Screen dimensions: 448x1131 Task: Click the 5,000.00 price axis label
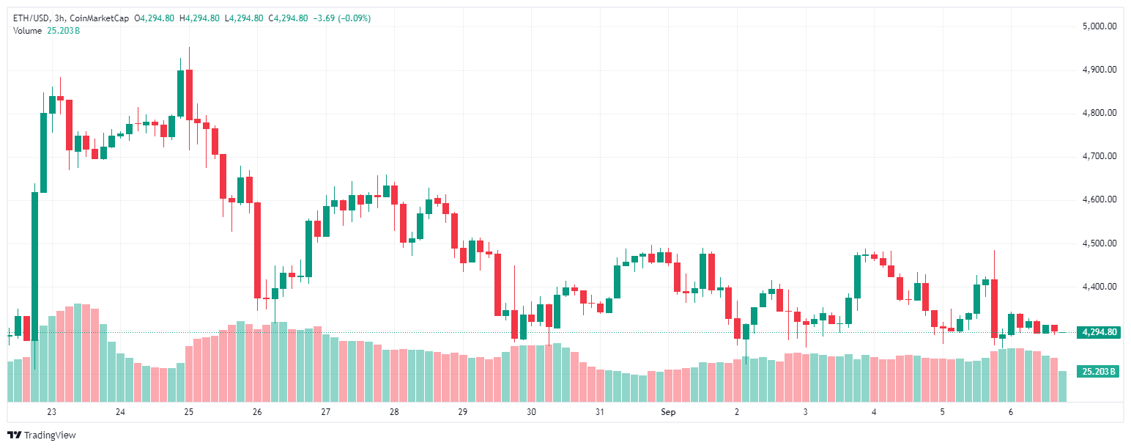point(1099,26)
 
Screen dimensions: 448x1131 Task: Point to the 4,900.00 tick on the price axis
point(1099,70)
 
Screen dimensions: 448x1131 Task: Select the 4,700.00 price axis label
point(1099,156)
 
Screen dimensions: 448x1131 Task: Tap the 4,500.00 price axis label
point(1099,243)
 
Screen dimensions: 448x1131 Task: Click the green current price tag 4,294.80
point(1099,332)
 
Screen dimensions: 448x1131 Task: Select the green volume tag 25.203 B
point(1099,372)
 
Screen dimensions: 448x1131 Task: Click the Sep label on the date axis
point(668,412)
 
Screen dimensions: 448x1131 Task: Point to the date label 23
point(51,412)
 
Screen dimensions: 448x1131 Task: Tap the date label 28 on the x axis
point(394,412)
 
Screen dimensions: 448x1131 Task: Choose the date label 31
point(600,412)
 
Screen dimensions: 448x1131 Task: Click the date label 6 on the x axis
point(1010,412)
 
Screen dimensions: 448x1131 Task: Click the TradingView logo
point(42,435)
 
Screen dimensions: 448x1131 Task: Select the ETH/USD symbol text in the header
point(31,18)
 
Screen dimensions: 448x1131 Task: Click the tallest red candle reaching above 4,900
point(189,94)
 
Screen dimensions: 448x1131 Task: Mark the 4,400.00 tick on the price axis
point(1099,287)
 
